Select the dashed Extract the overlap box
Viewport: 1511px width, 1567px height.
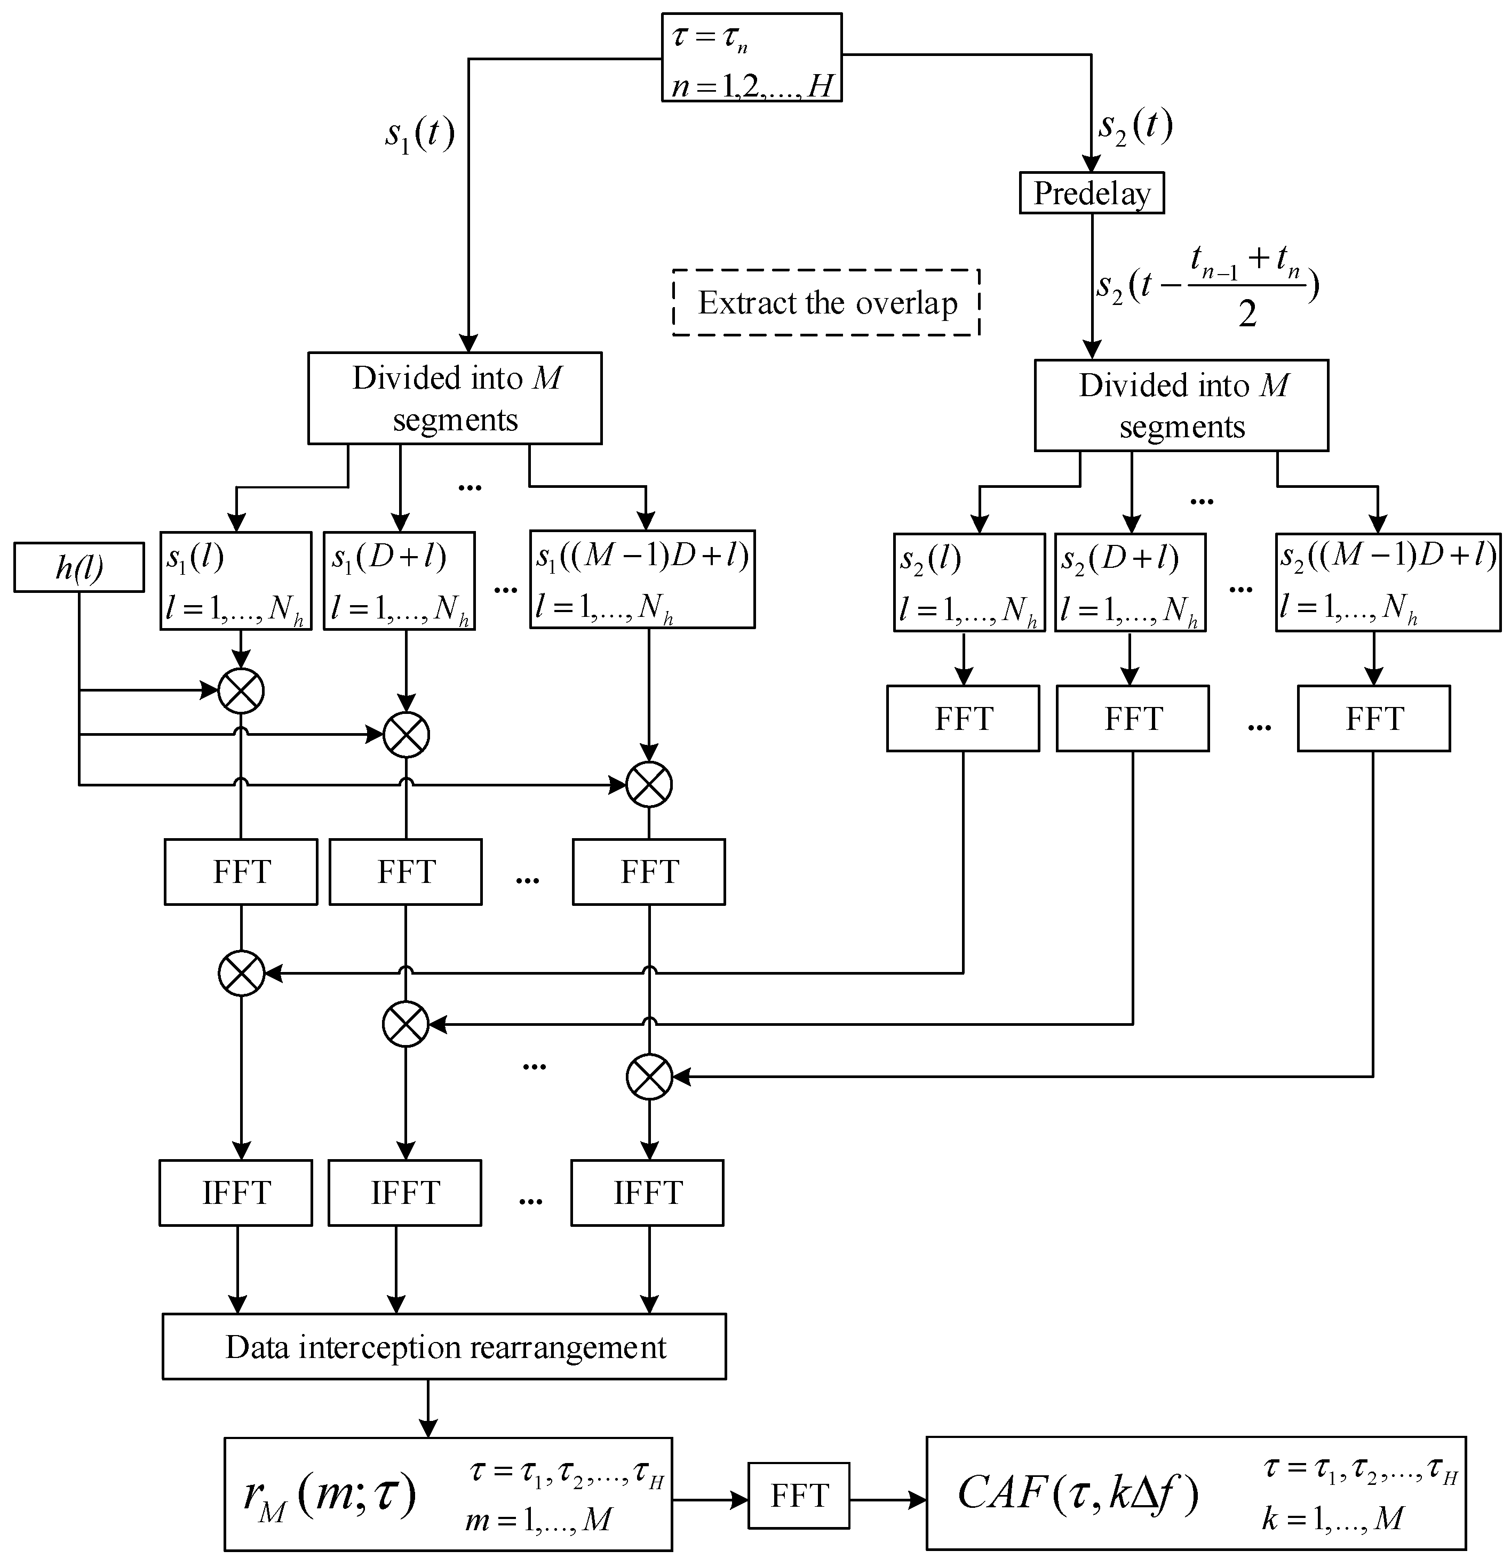coord(826,302)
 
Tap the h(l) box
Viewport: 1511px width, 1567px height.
coord(78,568)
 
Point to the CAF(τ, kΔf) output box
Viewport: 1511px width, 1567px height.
coord(1196,1493)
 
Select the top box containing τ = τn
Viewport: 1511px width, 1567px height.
coord(751,58)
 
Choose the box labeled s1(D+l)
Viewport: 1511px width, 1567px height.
coord(399,581)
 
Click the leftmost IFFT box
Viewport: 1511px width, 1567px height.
coord(236,1193)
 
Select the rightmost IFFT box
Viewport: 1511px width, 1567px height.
coord(647,1193)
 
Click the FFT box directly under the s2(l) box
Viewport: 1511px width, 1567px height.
coord(963,718)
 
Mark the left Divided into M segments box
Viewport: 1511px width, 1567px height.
coord(455,398)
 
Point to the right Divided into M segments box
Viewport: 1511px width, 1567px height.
coord(1181,405)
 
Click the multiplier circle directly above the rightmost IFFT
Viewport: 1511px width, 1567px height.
coord(649,1077)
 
